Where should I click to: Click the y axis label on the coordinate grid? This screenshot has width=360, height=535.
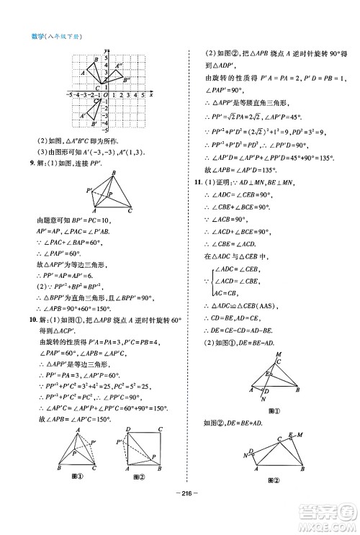tap(105, 48)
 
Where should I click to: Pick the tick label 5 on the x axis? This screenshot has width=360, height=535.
tap(143, 95)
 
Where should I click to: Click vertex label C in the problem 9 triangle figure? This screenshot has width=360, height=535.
tap(130, 211)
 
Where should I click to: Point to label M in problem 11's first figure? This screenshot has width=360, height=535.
tap(279, 354)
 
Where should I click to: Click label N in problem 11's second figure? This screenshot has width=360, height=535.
tap(247, 455)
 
